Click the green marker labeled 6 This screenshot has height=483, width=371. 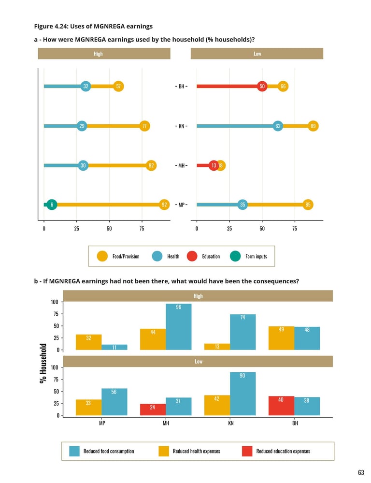(x=52, y=205)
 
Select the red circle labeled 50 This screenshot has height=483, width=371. (x=262, y=87)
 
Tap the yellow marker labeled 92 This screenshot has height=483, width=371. (x=165, y=205)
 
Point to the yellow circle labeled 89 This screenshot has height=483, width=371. (x=314, y=126)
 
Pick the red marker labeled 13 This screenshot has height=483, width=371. (x=214, y=166)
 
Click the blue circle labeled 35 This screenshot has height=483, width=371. (x=243, y=205)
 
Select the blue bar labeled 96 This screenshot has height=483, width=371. (x=178, y=326)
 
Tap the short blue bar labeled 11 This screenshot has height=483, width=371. (x=114, y=347)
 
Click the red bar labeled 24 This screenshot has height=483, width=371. (x=153, y=410)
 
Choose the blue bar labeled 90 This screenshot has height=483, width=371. (x=243, y=394)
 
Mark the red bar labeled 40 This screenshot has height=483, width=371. (x=281, y=406)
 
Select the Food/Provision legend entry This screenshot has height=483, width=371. (x=118, y=256)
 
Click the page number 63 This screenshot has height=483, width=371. (x=361, y=472)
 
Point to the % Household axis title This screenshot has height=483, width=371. (x=43, y=364)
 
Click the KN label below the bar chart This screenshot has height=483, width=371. (x=230, y=423)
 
